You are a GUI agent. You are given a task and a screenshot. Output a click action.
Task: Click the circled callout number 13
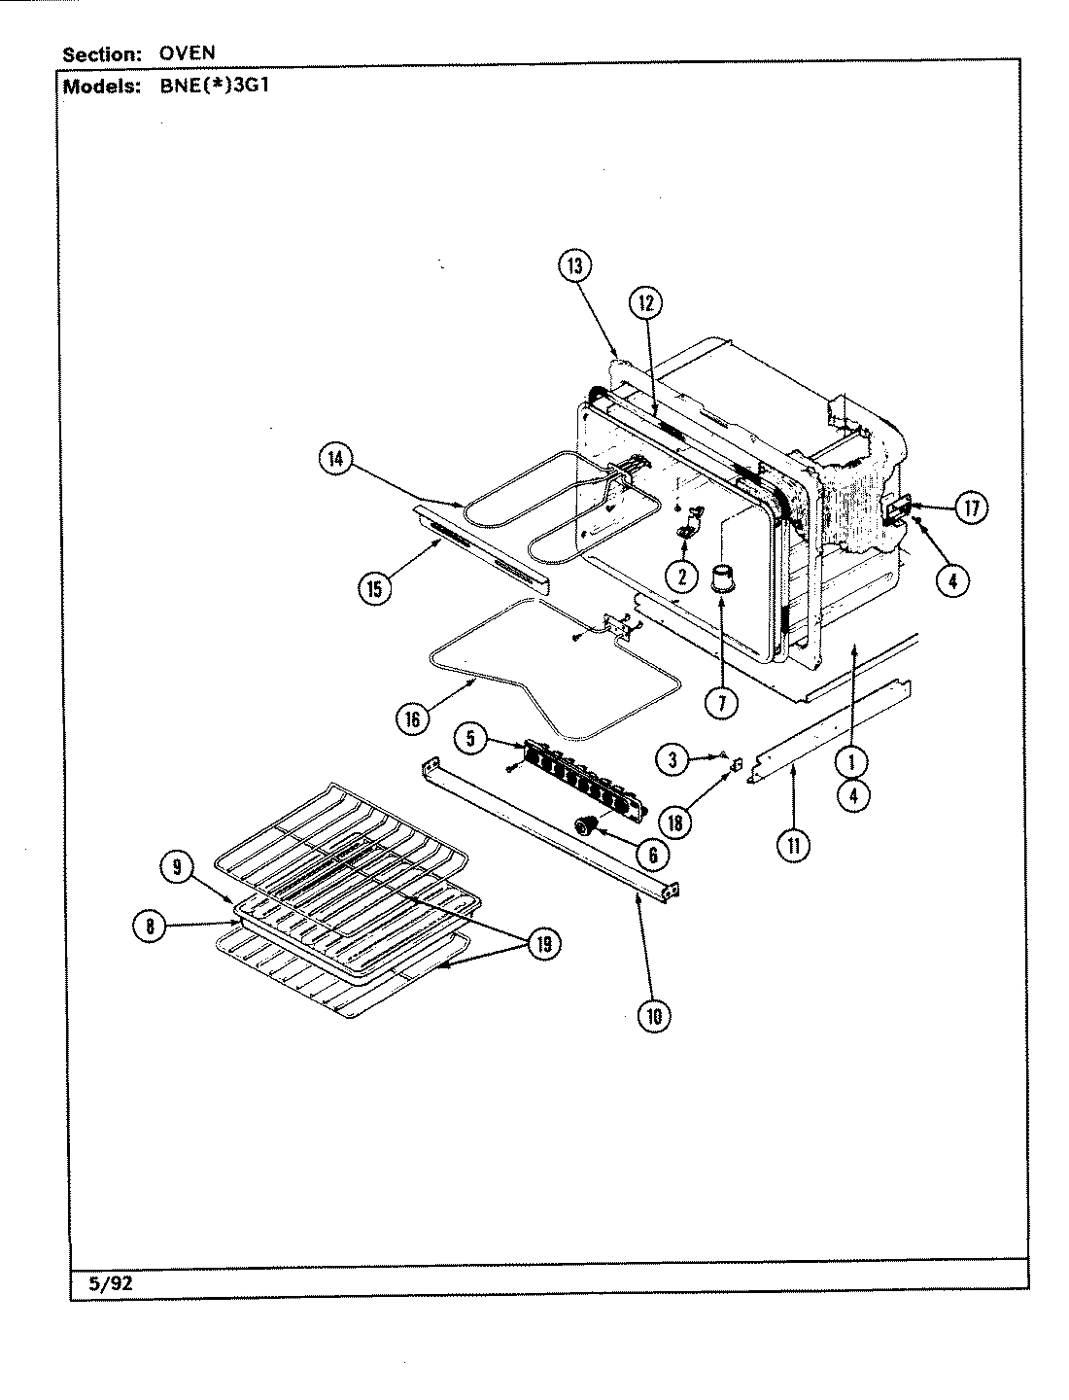point(575,266)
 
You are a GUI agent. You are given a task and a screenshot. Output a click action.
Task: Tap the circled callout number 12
point(644,303)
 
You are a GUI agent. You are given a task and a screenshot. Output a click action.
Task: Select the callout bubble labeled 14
point(335,460)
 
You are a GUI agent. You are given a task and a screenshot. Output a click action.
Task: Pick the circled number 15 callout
point(375,587)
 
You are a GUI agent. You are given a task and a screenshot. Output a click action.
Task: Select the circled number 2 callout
point(682,577)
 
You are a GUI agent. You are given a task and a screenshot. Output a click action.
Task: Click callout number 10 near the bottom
point(653,1016)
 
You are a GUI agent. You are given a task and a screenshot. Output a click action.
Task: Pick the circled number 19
point(544,943)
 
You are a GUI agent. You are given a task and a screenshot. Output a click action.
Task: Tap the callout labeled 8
point(149,927)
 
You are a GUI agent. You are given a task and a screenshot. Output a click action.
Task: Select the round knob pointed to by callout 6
point(586,826)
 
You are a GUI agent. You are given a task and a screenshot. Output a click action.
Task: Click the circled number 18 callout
point(674,822)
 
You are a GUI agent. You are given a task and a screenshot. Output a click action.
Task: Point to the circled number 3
point(672,759)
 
